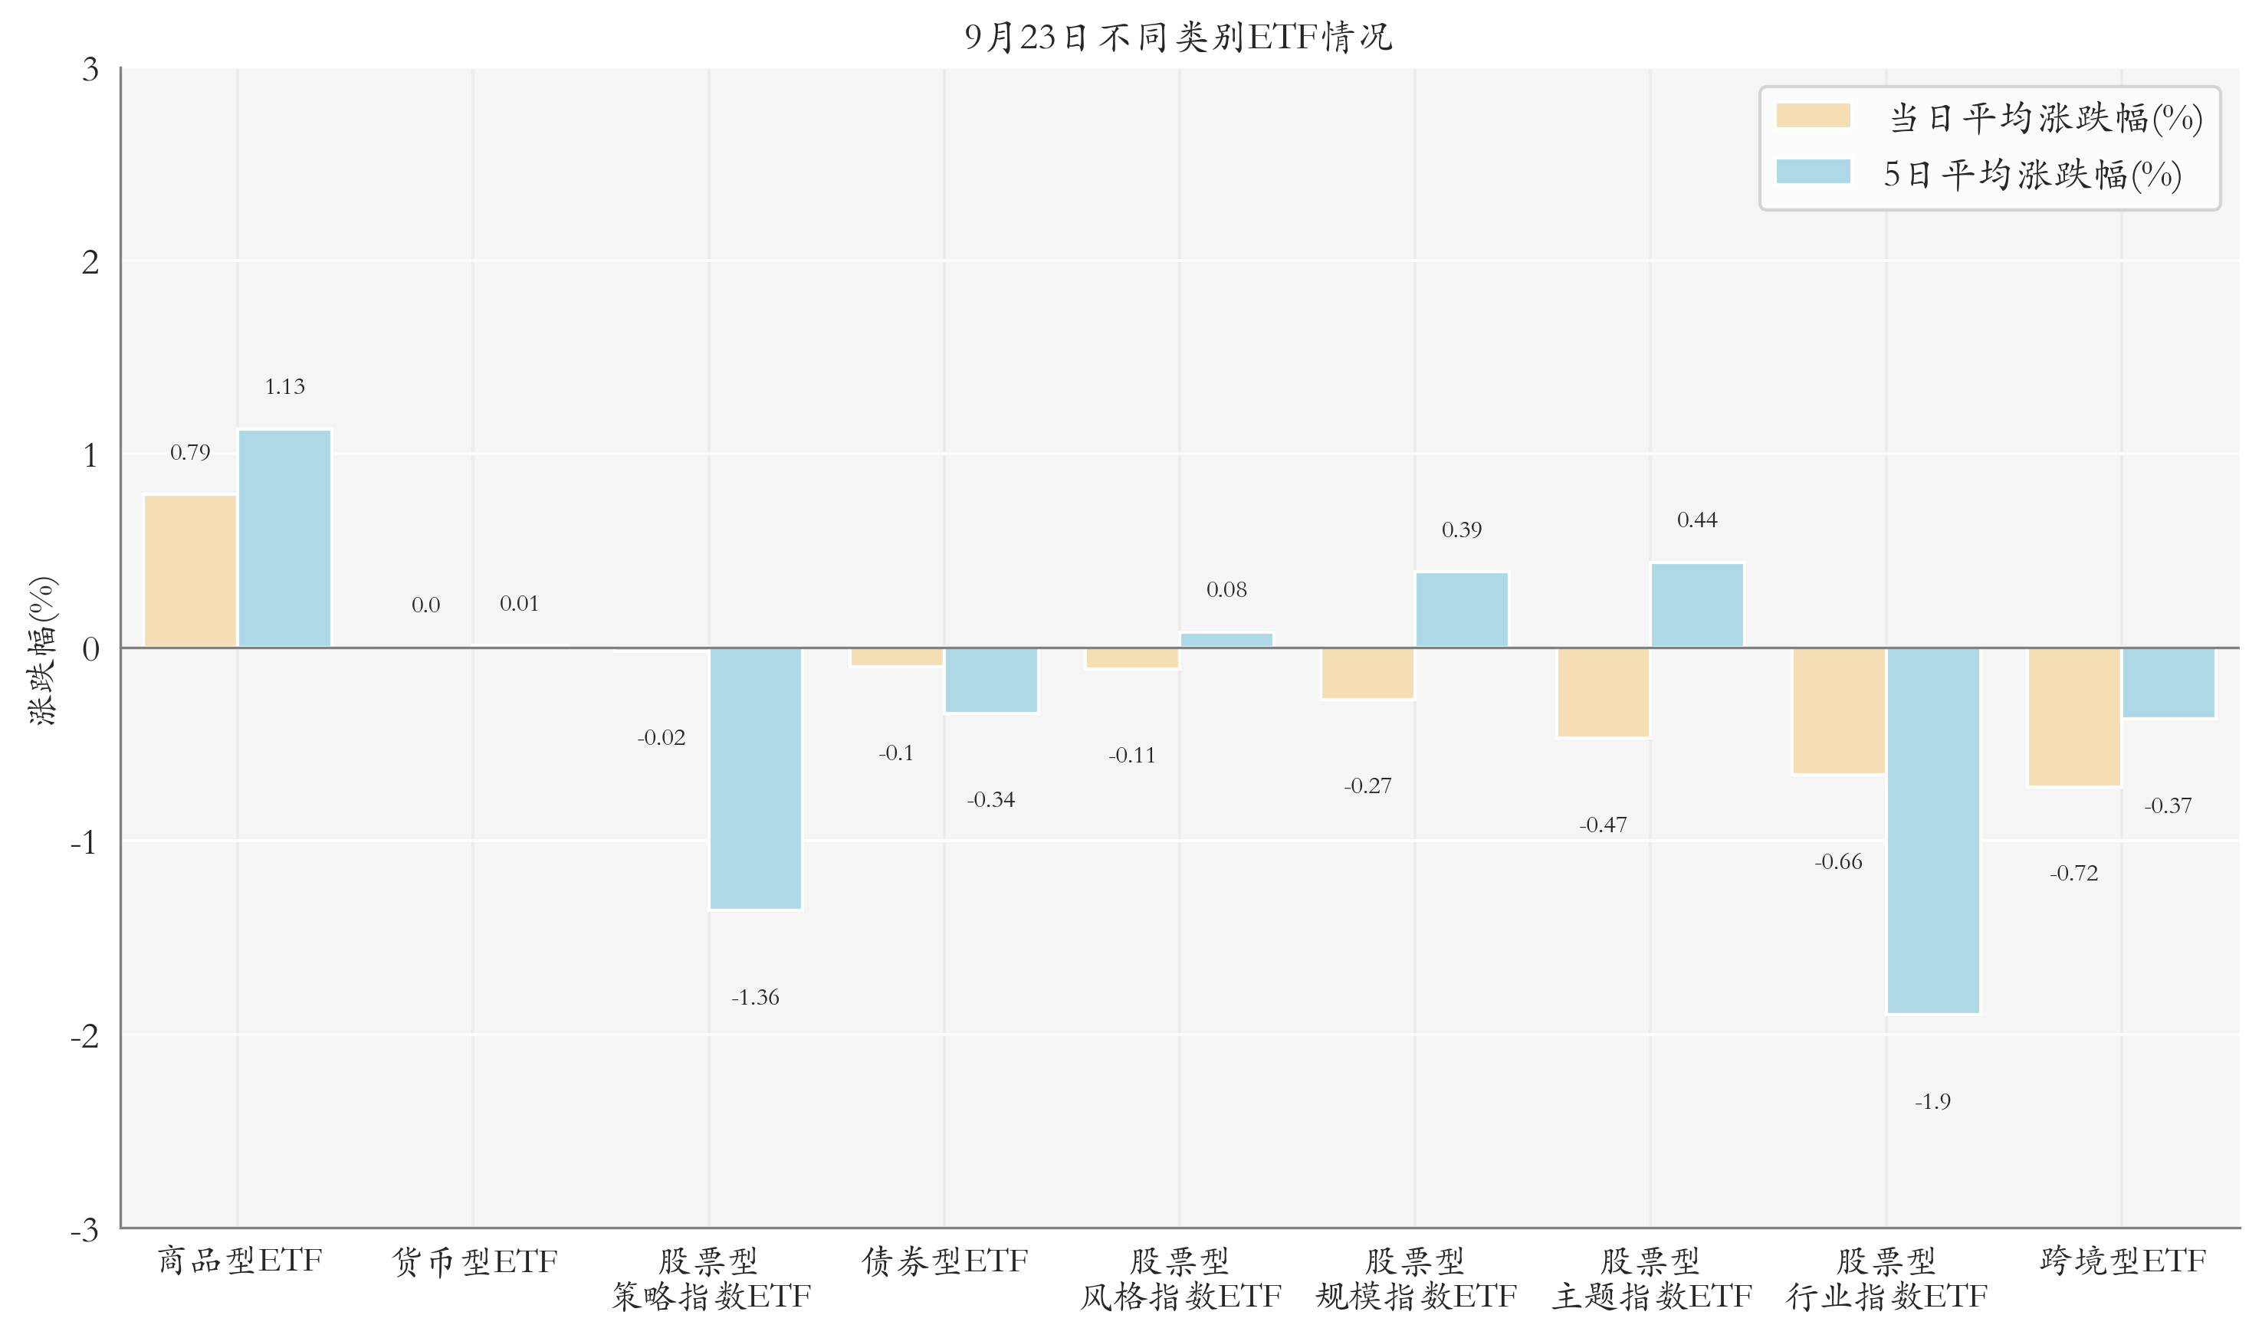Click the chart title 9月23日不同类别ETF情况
click(1178, 38)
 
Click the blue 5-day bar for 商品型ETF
click(285, 538)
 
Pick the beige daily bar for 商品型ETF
click(190, 571)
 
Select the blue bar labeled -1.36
click(756, 778)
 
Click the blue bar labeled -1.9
click(1933, 831)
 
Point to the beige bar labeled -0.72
click(2073, 717)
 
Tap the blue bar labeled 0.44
click(1697, 605)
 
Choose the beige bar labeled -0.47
click(1603, 693)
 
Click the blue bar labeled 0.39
click(1462, 609)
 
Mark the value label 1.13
click(285, 387)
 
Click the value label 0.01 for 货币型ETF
click(519, 603)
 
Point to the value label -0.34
click(991, 800)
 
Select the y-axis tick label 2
click(90, 262)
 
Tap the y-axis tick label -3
click(85, 1230)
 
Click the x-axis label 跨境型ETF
click(2122, 1261)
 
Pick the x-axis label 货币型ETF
click(474, 1261)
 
